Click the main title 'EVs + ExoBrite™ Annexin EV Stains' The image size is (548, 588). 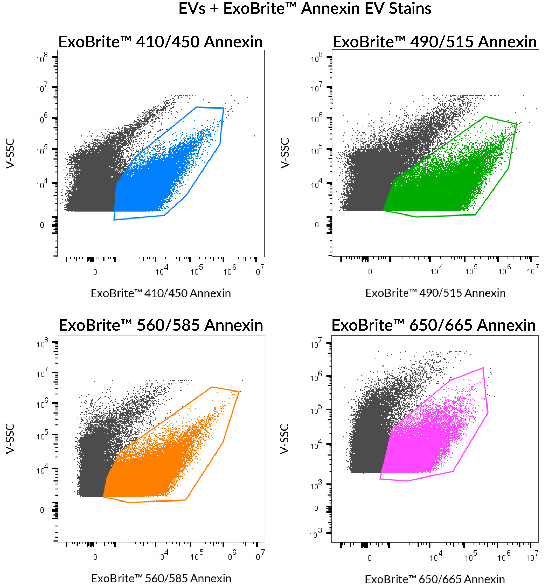[305, 9]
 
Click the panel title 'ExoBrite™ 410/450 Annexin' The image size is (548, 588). [160, 42]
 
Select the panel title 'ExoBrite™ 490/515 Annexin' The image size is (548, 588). [434, 42]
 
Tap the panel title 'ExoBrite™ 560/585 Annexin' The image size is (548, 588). [161, 325]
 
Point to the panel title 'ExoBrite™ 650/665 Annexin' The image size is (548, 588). [434, 325]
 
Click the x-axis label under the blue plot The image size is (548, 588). [160, 293]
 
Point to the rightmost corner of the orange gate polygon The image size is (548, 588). [239, 392]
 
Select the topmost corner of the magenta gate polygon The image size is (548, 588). [483, 368]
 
